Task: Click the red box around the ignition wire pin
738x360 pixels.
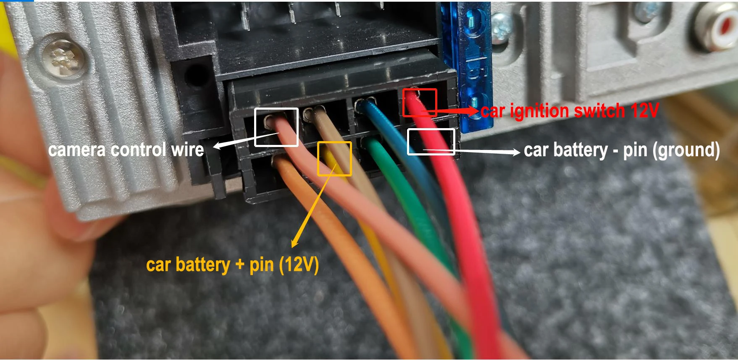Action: point(420,102)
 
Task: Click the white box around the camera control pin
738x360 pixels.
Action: point(276,127)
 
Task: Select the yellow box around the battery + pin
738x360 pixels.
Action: point(334,158)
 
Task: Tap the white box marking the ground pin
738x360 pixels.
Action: point(431,142)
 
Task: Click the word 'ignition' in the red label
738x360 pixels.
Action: point(540,111)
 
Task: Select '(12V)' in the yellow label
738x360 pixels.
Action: point(299,265)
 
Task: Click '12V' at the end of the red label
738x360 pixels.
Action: point(644,111)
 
